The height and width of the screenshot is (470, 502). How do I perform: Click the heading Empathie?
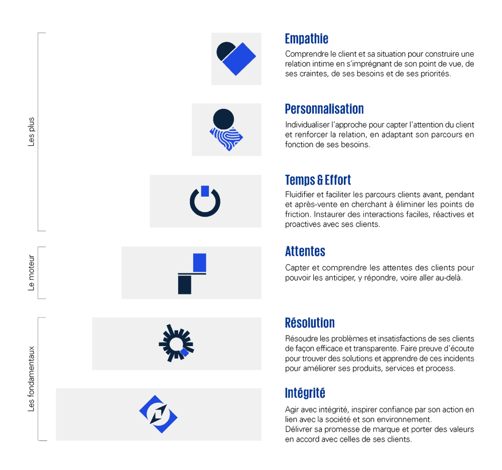click(306, 39)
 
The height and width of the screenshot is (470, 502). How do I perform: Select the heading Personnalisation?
click(324, 109)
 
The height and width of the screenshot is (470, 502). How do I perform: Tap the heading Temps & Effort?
click(318, 180)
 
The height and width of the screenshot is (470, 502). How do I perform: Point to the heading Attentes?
click(305, 251)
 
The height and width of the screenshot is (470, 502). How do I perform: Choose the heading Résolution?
click(309, 322)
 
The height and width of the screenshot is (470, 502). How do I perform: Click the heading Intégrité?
click(305, 392)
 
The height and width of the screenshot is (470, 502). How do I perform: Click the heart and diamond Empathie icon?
click(236, 58)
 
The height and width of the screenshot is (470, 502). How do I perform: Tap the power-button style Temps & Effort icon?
click(205, 201)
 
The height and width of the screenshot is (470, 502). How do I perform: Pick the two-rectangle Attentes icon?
click(192, 273)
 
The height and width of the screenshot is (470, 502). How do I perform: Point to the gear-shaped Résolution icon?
click(176, 344)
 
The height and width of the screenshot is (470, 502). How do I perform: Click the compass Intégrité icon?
click(159, 414)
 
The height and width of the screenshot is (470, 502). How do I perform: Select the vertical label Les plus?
click(32, 132)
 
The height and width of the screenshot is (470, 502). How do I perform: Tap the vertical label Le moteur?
click(32, 273)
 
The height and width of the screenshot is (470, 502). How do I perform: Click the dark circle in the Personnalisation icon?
click(223, 119)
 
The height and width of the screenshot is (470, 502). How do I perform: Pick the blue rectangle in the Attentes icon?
click(199, 262)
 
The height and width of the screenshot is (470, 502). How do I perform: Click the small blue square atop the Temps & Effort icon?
click(204, 190)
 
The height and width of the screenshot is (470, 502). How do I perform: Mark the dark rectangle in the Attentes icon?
click(184, 284)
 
